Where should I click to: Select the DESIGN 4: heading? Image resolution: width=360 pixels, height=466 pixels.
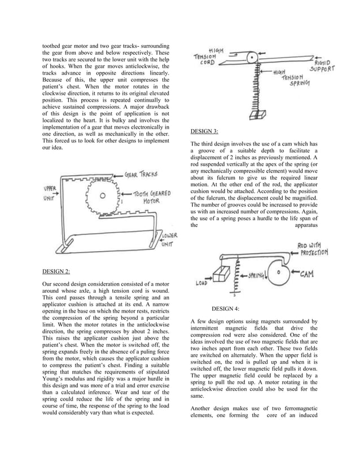click(225, 309)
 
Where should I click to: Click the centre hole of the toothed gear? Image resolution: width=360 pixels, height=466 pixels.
click(102, 196)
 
